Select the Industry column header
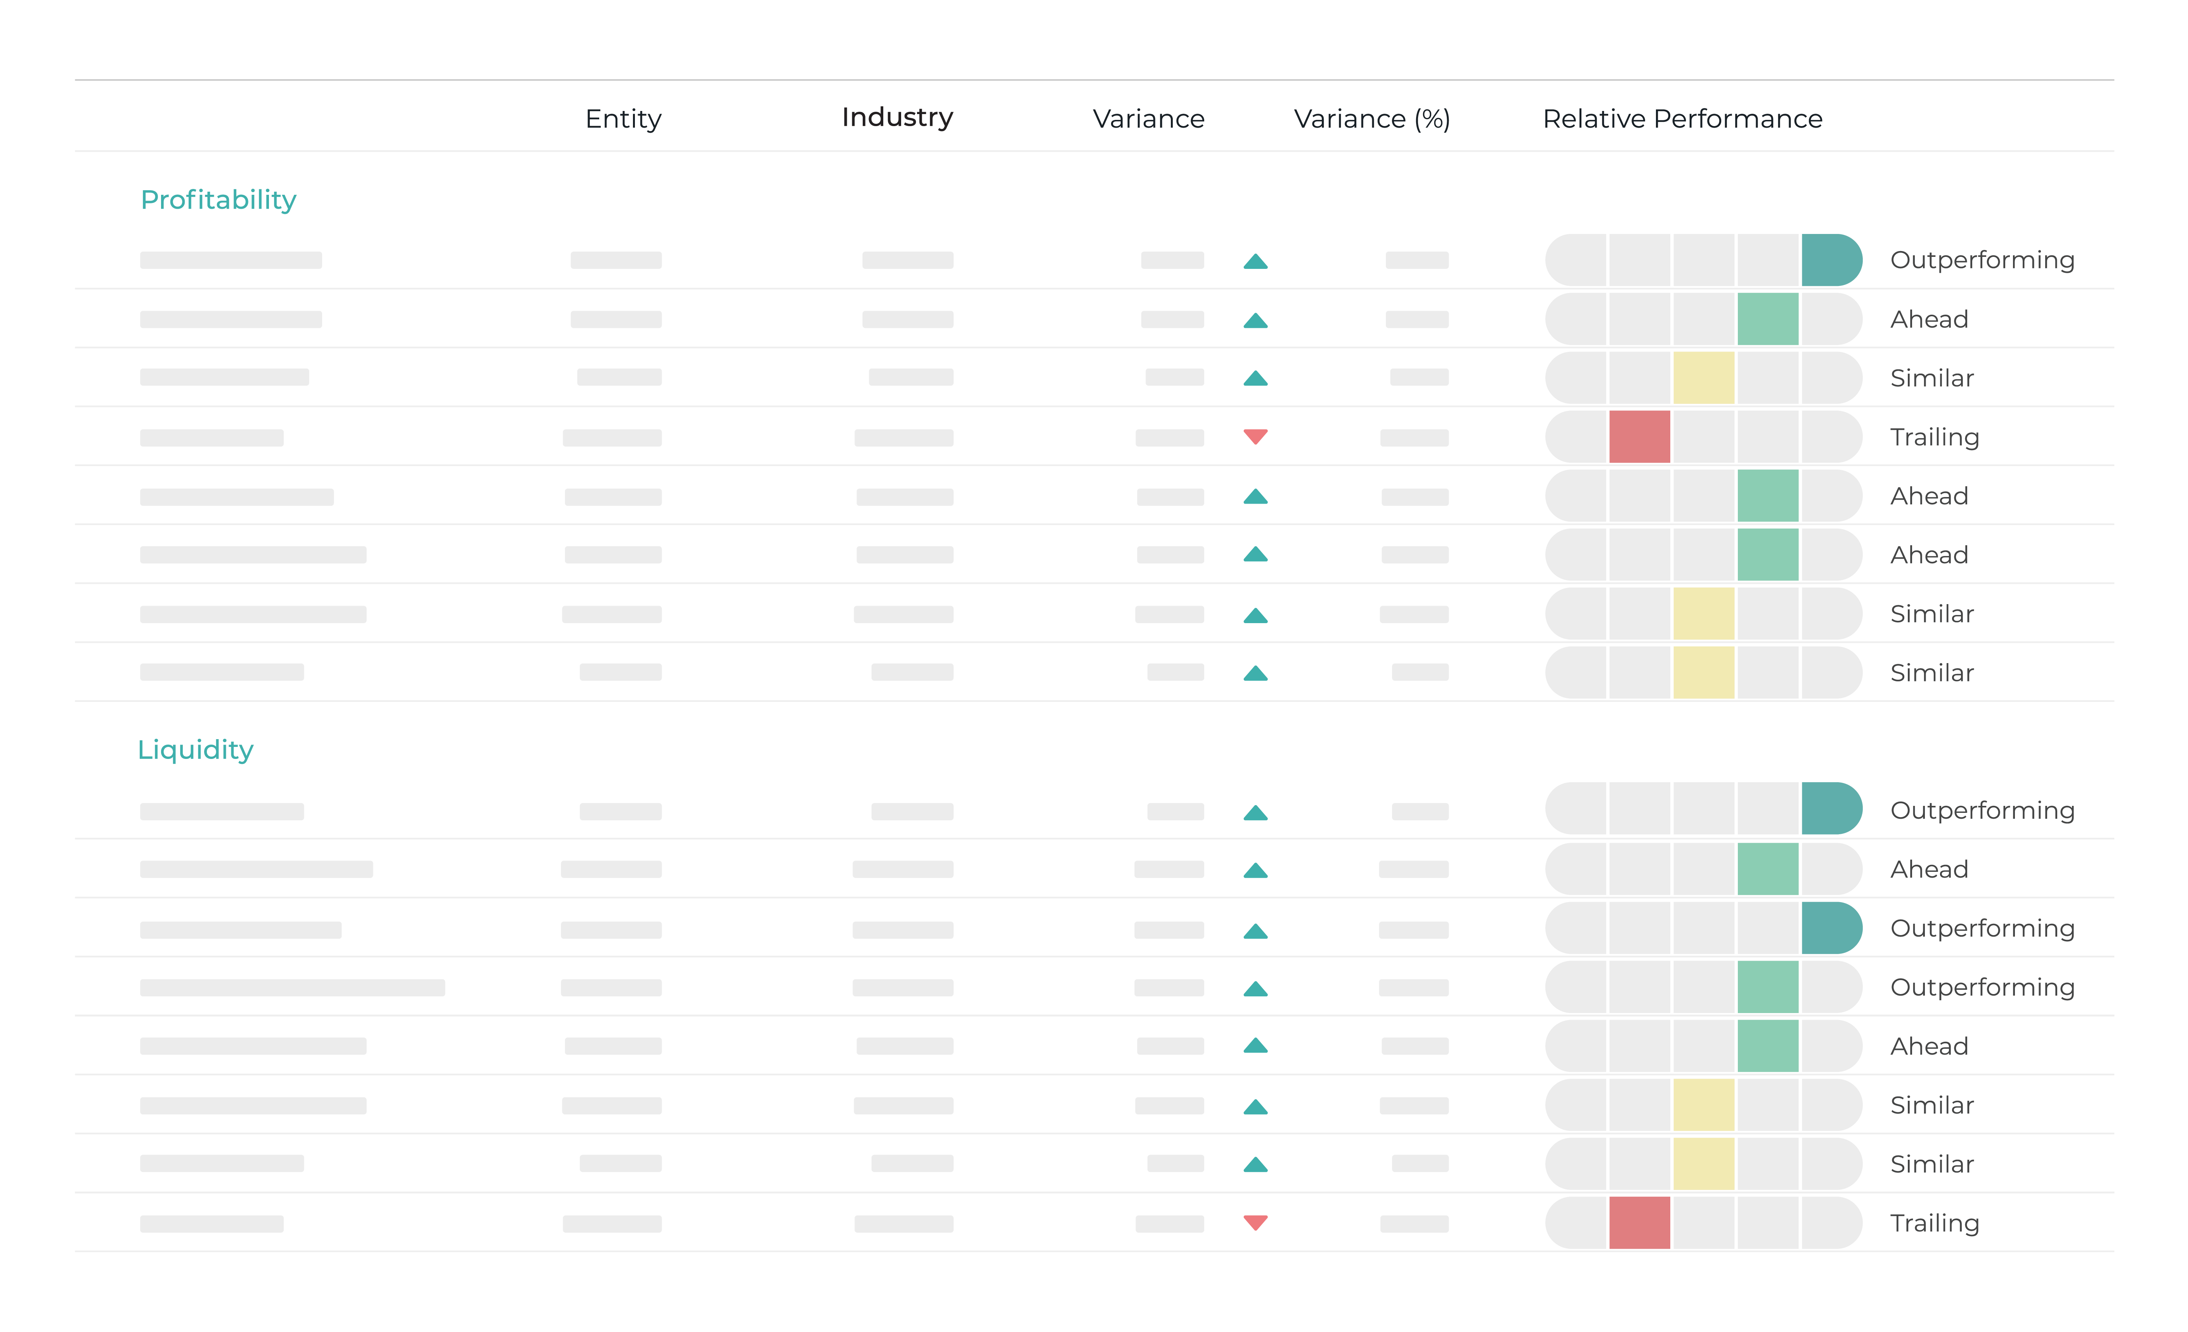[x=897, y=117]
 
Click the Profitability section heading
[x=218, y=200]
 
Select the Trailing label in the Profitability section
[x=1934, y=437]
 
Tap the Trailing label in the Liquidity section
[x=1934, y=1223]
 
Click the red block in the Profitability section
[x=1639, y=436]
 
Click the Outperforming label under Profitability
[x=1982, y=260]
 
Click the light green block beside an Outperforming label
[x=1767, y=987]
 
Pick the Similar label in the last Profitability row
[x=1931, y=673]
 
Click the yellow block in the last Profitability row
[x=1703, y=672]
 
